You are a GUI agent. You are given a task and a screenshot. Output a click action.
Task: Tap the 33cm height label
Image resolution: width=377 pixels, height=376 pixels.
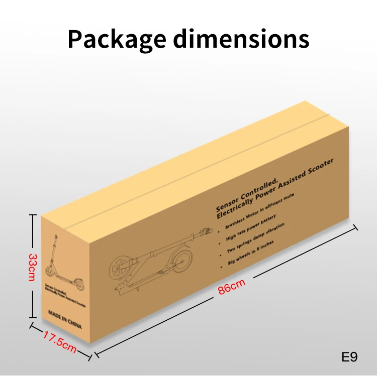tap(32, 267)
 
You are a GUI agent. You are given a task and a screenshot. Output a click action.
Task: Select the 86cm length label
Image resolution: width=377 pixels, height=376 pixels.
tap(232, 290)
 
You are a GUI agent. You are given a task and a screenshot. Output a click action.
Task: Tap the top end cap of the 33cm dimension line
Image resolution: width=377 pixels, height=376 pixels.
tap(33, 215)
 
